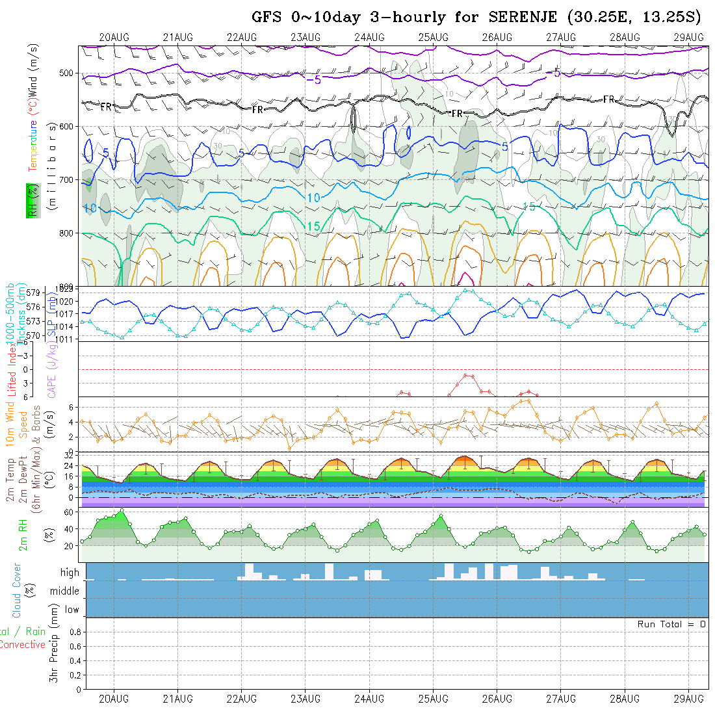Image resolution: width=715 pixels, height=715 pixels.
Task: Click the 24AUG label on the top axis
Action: tap(369, 37)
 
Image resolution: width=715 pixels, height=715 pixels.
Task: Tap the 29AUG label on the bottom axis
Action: tap(688, 699)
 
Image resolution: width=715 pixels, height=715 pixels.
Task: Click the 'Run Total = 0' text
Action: tap(671, 624)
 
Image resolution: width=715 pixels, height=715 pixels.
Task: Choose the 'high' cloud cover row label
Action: tap(70, 573)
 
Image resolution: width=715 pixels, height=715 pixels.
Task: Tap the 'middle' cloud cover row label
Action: tap(65, 591)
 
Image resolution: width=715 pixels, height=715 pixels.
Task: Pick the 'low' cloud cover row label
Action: tap(71, 610)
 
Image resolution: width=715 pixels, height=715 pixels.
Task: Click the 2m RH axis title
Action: tap(23, 536)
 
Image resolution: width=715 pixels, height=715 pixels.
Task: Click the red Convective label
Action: tap(23, 645)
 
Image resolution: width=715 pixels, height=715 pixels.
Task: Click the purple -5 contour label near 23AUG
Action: tap(313, 80)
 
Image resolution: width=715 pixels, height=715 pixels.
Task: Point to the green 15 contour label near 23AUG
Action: tap(313, 226)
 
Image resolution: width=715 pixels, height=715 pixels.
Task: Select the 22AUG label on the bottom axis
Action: tap(241, 699)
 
